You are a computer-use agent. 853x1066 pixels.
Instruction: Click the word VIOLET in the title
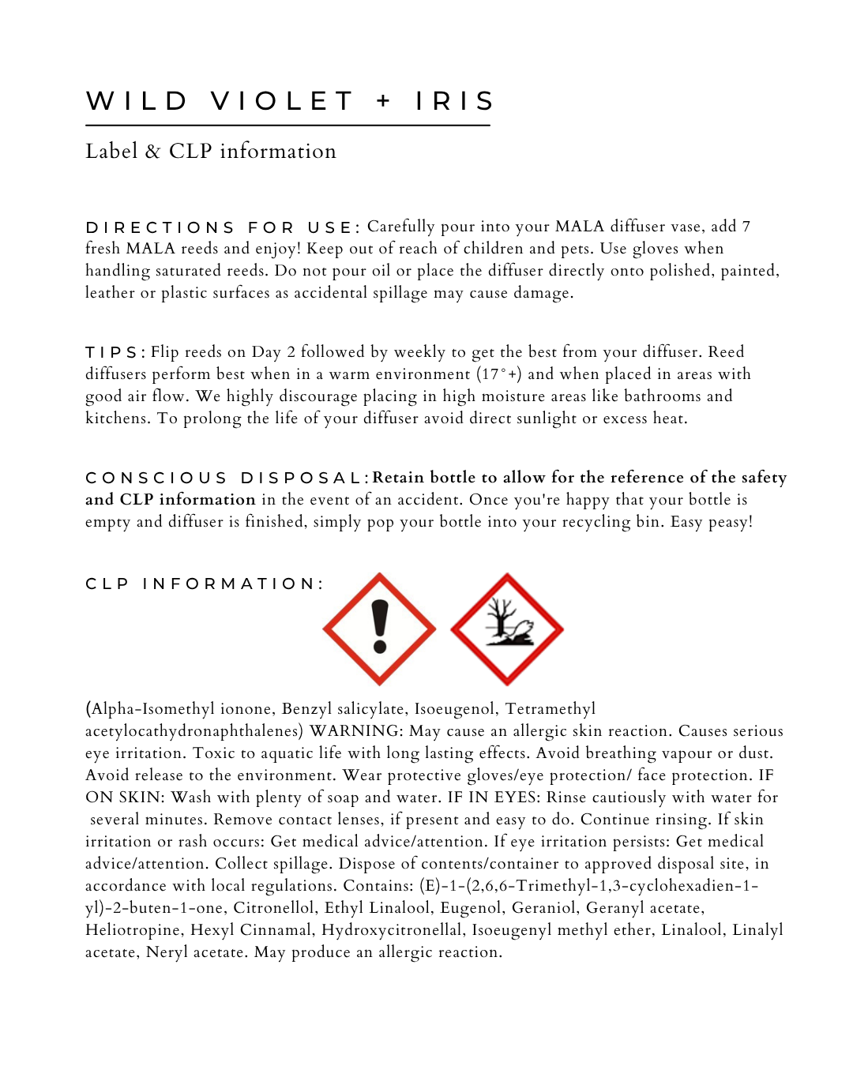point(282,101)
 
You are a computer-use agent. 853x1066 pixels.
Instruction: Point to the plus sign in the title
point(384,101)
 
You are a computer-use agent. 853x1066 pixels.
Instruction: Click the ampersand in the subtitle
point(152,152)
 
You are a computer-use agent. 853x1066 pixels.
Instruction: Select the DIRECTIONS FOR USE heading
point(223,227)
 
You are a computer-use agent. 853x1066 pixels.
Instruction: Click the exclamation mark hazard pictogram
point(380,629)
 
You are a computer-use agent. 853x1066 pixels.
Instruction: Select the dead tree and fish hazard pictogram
point(507,629)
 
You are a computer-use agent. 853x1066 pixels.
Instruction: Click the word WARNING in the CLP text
point(355,731)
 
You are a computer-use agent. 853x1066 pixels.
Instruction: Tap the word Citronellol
point(274,908)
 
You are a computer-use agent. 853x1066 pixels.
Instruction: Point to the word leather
point(110,293)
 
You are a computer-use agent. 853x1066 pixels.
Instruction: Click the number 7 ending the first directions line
point(746,227)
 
